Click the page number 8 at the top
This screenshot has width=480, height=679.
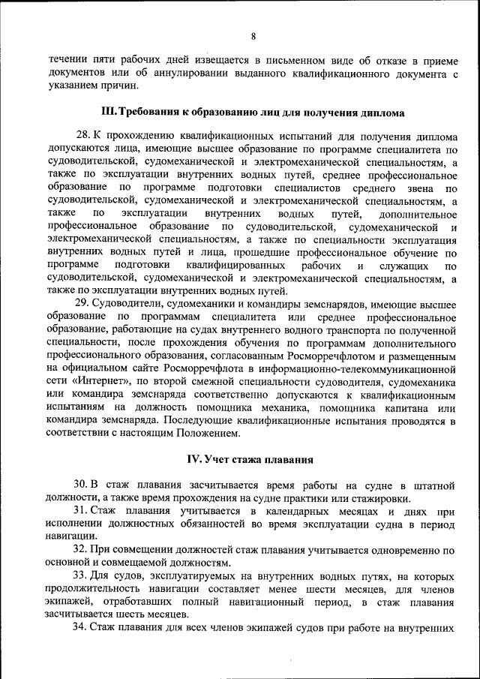[x=253, y=35]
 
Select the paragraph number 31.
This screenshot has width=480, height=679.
[x=81, y=511]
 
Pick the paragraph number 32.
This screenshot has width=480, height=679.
[x=81, y=550]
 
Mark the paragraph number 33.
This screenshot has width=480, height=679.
[x=81, y=575]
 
